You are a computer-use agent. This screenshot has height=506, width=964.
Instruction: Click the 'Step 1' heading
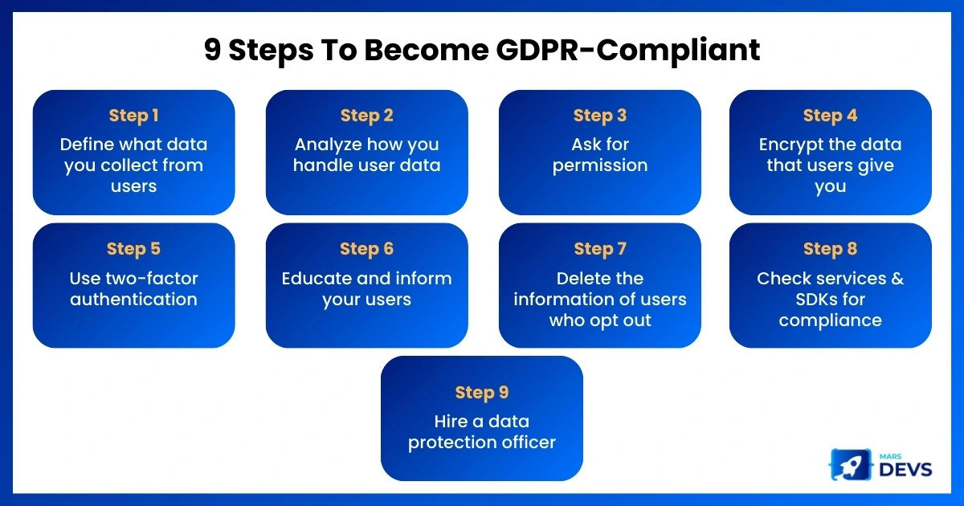point(134,116)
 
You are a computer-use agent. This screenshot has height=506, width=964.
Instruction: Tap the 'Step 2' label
point(366,116)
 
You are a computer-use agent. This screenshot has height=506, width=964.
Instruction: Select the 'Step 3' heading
point(600,116)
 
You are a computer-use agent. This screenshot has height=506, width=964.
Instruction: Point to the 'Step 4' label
point(830,116)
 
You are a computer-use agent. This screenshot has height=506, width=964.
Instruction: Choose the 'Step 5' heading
point(134,249)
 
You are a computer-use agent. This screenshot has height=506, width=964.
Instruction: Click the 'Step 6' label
point(366,249)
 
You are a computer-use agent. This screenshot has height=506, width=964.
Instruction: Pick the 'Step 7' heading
point(600,249)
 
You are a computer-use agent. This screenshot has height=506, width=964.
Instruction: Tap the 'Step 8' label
point(830,249)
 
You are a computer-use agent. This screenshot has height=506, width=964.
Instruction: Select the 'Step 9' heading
point(482,393)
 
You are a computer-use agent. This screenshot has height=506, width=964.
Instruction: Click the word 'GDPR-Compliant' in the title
point(628,51)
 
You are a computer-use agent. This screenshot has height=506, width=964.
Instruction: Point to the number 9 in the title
point(213,49)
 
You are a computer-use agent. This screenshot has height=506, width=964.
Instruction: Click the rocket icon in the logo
point(850,465)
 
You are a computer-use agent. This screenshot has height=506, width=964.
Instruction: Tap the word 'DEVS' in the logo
point(905,469)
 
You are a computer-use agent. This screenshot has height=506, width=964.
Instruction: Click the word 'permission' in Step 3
point(600,166)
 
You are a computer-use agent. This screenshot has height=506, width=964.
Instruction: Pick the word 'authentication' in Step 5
point(134,300)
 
